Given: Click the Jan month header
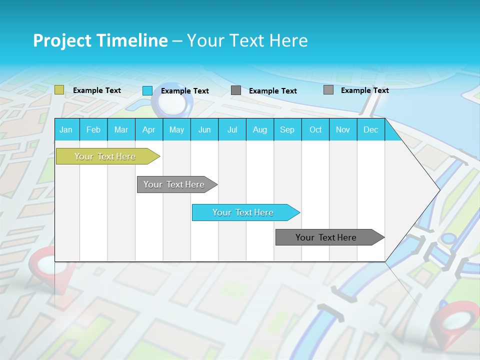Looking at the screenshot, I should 66,130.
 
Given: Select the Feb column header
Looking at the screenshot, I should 93,130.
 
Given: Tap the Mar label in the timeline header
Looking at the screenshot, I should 121,130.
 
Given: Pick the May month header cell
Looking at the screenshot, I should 176,130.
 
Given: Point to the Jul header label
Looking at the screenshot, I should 232,130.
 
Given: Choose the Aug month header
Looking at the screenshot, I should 260,130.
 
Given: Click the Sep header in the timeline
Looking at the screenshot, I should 287,130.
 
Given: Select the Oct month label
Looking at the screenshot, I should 315,130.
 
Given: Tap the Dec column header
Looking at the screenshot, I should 371,130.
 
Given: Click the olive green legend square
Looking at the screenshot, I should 59,90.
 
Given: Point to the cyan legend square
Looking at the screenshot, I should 147,90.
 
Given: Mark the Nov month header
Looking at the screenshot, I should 343,130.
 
